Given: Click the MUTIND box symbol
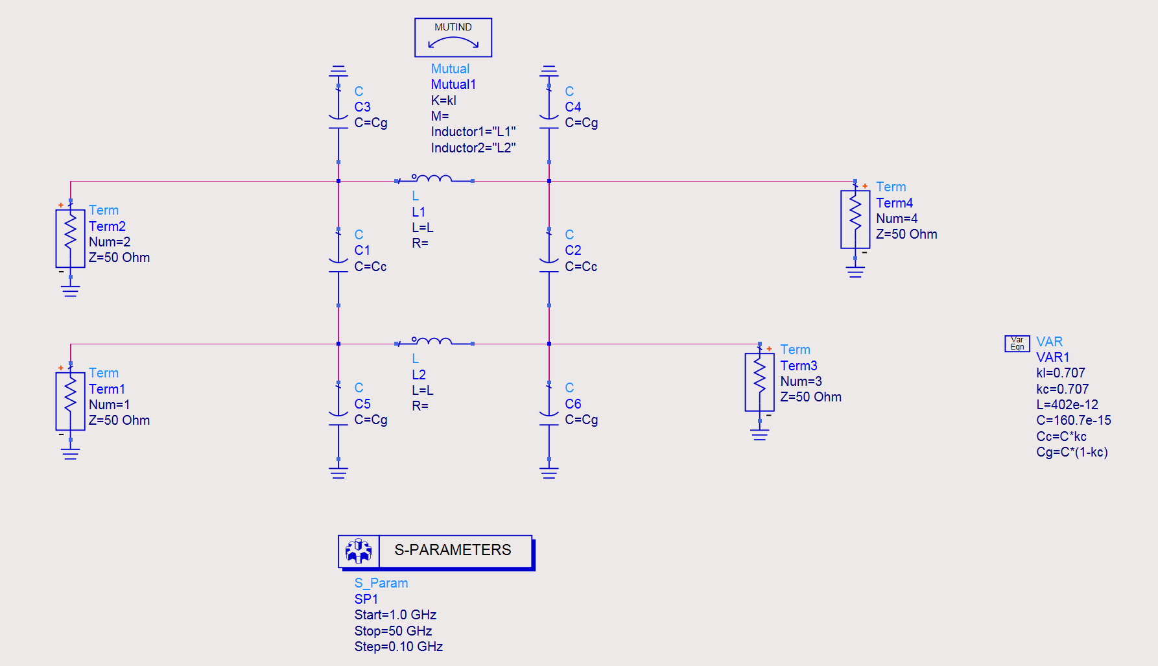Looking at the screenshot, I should click(x=453, y=38).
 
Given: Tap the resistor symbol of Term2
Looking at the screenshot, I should click(x=70, y=238).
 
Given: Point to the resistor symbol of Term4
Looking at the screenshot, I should click(x=855, y=219).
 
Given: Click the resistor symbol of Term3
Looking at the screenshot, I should click(x=759, y=382).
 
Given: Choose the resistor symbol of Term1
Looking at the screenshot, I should click(x=70, y=401).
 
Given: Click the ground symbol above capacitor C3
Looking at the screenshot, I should click(x=338, y=71).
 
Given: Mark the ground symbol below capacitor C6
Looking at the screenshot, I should click(x=549, y=472).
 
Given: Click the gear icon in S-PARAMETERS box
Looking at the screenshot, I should click(x=359, y=551).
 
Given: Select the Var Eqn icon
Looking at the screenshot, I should click(x=1017, y=343).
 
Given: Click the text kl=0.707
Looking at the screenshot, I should click(x=1060, y=373).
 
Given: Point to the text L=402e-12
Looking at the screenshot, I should click(x=1067, y=405).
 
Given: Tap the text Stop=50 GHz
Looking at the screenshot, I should click(x=393, y=631).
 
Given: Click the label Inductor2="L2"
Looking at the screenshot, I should click(x=473, y=148).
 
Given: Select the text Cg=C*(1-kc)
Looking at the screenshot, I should click(x=1071, y=452).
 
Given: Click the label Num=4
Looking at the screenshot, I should click(x=896, y=219).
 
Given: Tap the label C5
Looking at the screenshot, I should click(x=362, y=404).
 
